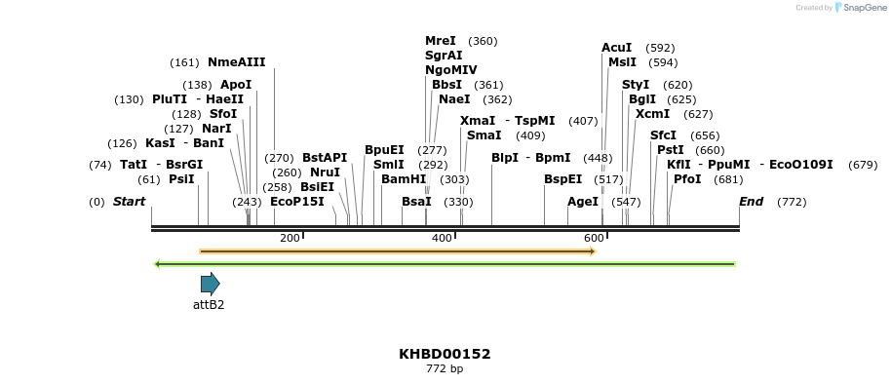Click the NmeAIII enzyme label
(x=236, y=62)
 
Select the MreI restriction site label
(x=440, y=41)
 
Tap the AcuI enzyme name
(x=616, y=48)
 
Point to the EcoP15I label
(x=296, y=202)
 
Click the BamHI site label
(x=404, y=179)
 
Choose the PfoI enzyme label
(x=687, y=179)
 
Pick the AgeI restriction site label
(x=583, y=202)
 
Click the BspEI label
(x=562, y=179)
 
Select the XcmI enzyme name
(x=652, y=114)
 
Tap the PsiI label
(x=181, y=179)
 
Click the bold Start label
(x=129, y=202)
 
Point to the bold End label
(x=751, y=202)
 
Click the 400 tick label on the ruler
(x=442, y=239)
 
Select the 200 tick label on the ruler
(x=290, y=239)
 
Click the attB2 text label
(x=209, y=305)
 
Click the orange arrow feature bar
(x=397, y=251)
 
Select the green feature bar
(x=445, y=263)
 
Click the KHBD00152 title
(x=445, y=354)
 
